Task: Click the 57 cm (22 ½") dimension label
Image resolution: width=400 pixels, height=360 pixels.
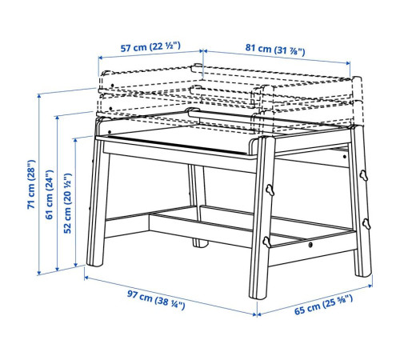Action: (150, 47)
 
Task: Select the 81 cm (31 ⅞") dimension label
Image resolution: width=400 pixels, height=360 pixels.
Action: (275, 49)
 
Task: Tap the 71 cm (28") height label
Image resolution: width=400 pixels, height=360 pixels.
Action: (31, 185)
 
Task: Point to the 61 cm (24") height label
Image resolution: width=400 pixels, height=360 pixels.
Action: (50, 194)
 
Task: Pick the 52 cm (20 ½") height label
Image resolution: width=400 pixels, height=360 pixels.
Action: (68, 203)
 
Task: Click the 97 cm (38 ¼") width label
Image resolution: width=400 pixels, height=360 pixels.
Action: (156, 300)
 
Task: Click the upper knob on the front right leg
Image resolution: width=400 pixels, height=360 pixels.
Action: (270, 190)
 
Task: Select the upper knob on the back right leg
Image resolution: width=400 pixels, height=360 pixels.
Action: (363, 175)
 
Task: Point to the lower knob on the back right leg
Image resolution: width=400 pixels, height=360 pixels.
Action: (366, 224)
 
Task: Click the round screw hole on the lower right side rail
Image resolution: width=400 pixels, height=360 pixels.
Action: (310, 244)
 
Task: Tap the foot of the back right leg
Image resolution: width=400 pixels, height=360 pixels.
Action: (363, 274)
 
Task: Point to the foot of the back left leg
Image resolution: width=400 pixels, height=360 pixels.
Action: (200, 243)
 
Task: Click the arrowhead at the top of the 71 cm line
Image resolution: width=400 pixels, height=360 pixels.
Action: (39, 95)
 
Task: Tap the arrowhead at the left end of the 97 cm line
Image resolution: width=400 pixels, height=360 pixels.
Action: (86, 278)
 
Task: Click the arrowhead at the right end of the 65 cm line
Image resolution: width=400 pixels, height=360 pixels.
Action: (370, 286)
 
